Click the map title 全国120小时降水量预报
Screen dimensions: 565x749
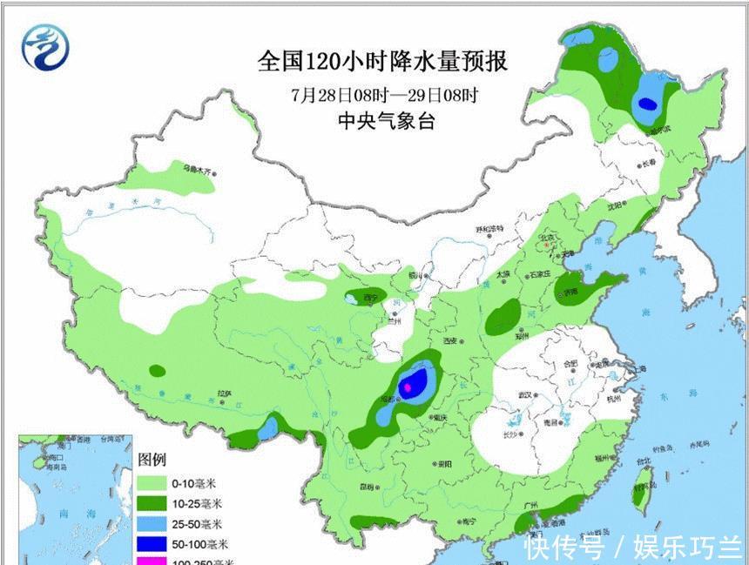[382, 62]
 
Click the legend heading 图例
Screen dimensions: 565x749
[152, 460]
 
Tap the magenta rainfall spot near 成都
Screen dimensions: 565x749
[407, 389]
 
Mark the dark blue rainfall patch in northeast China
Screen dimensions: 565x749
[646, 104]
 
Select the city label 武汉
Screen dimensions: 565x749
[524, 394]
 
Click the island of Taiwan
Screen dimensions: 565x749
[644, 483]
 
